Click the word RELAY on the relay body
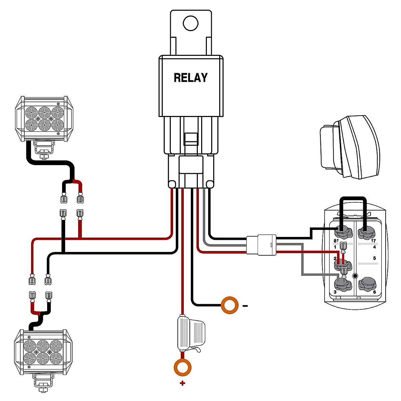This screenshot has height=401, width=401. (x=190, y=78)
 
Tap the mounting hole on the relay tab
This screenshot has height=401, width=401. (x=190, y=23)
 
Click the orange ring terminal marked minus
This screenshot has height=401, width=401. (x=230, y=305)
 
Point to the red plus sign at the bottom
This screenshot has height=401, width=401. (x=182, y=383)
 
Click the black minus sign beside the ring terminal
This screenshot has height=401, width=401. (x=245, y=306)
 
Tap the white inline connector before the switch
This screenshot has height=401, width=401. (x=261, y=245)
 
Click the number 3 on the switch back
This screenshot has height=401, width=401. (x=335, y=292)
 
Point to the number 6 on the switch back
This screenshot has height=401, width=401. (x=375, y=292)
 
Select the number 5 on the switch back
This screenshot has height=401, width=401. (x=375, y=258)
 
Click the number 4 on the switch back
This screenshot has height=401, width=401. (x=375, y=247)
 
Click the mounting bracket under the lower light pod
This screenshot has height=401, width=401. (x=43, y=383)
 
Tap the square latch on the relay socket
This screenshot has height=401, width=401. (x=191, y=138)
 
